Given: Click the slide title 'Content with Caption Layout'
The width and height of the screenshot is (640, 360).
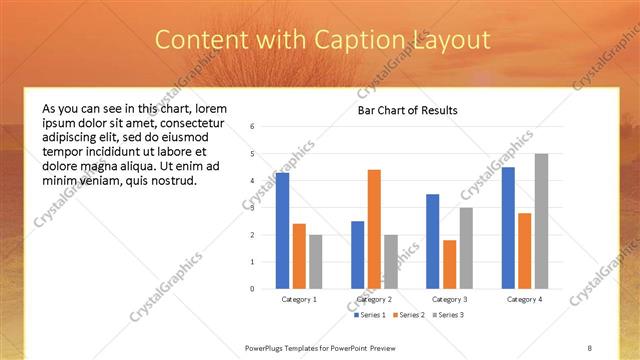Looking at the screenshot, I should tap(322, 40).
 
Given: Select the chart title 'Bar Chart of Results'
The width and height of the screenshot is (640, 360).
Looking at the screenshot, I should tap(407, 110).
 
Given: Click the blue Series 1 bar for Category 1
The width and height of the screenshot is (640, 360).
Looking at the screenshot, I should tap(283, 231).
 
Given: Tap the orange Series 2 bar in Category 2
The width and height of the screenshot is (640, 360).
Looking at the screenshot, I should tap(374, 229).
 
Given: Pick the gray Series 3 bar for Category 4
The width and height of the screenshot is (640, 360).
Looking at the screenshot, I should tap(541, 221).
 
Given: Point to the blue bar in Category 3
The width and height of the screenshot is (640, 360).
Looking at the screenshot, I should tap(432, 241).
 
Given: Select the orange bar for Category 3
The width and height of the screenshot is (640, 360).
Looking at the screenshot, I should tap(449, 264).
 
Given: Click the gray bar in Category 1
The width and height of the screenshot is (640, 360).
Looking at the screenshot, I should tap(316, 261).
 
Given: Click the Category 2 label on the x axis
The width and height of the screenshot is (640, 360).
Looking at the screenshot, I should tap(375, 299).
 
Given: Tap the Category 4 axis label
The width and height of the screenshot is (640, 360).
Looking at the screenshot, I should tap(524, 299).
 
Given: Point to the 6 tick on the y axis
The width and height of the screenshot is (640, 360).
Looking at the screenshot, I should tap(252, 127).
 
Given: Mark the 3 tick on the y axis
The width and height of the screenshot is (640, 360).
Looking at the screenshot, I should tap(252, 208).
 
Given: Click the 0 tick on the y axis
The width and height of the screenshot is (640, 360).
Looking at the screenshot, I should tap(252, 289).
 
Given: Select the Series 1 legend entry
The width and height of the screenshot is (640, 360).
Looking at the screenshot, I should tap(372, 316).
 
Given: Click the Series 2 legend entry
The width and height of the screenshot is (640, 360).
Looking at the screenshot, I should tap(409, 316).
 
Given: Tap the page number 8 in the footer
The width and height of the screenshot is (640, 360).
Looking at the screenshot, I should tap(589, 347).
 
